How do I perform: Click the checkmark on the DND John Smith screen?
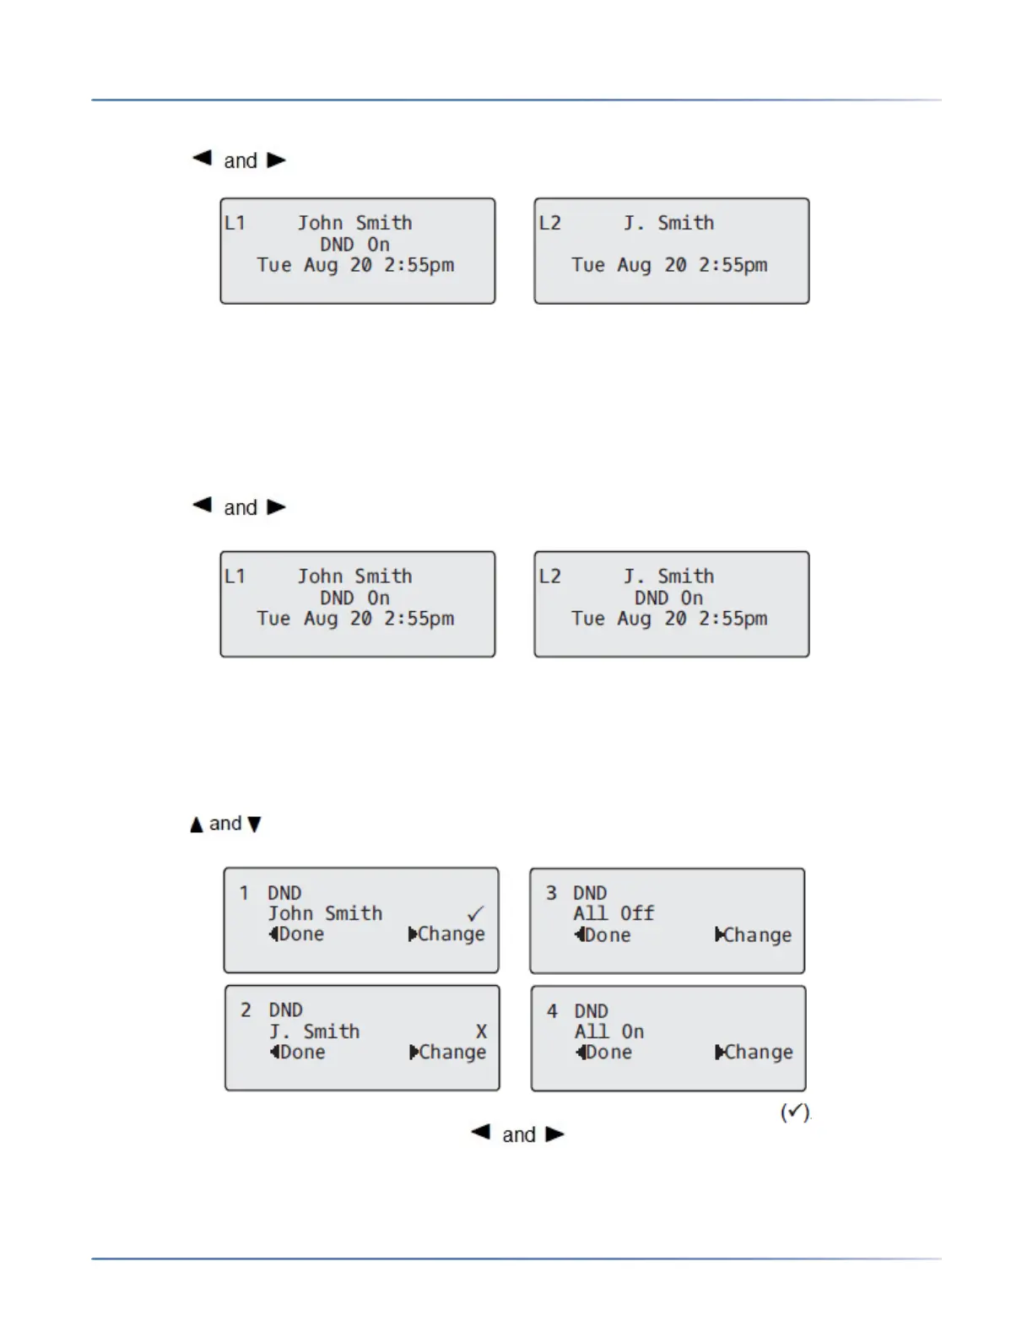[476, 913]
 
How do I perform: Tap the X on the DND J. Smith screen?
[481, 1031]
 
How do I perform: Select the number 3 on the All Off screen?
[551, 893]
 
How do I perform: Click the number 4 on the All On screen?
[552, 1011]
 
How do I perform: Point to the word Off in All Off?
[637, 913]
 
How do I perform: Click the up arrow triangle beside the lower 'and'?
[197, 825]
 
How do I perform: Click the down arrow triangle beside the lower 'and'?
[254, 825]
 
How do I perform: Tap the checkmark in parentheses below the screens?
[794, 1112]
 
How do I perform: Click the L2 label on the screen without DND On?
[549, 223]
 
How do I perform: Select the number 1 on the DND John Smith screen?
[244, 893]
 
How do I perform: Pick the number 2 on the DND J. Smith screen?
[246, 1010]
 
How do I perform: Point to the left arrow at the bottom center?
[480, 1133]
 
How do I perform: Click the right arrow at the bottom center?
[554, 1134]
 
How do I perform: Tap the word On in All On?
[632, 1031]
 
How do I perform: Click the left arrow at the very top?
[202, 158]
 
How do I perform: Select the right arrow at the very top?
[276, 160]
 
